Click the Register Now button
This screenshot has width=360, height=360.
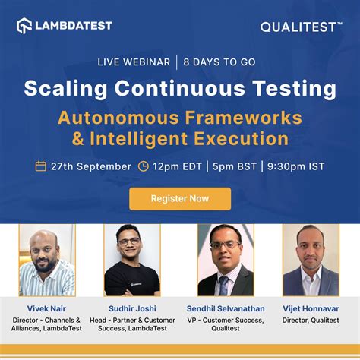click(180, 198)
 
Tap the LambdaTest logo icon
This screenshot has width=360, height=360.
click(24, 26)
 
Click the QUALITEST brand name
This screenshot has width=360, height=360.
click(301, 27)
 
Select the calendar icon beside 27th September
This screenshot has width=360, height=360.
click(41, 166)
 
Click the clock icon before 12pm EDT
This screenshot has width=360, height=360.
click(143, 166)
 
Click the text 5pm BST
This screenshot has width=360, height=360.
click(232, 166)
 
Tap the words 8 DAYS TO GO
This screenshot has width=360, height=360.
click(221, 62)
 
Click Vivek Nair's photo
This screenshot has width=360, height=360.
click(46, 260)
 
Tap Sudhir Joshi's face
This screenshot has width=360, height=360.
click(130, 247)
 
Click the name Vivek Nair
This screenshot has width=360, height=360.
click(46, 308)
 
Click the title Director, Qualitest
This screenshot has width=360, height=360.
click(310, 321)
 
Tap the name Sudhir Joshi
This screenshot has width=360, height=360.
click(132, 308)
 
